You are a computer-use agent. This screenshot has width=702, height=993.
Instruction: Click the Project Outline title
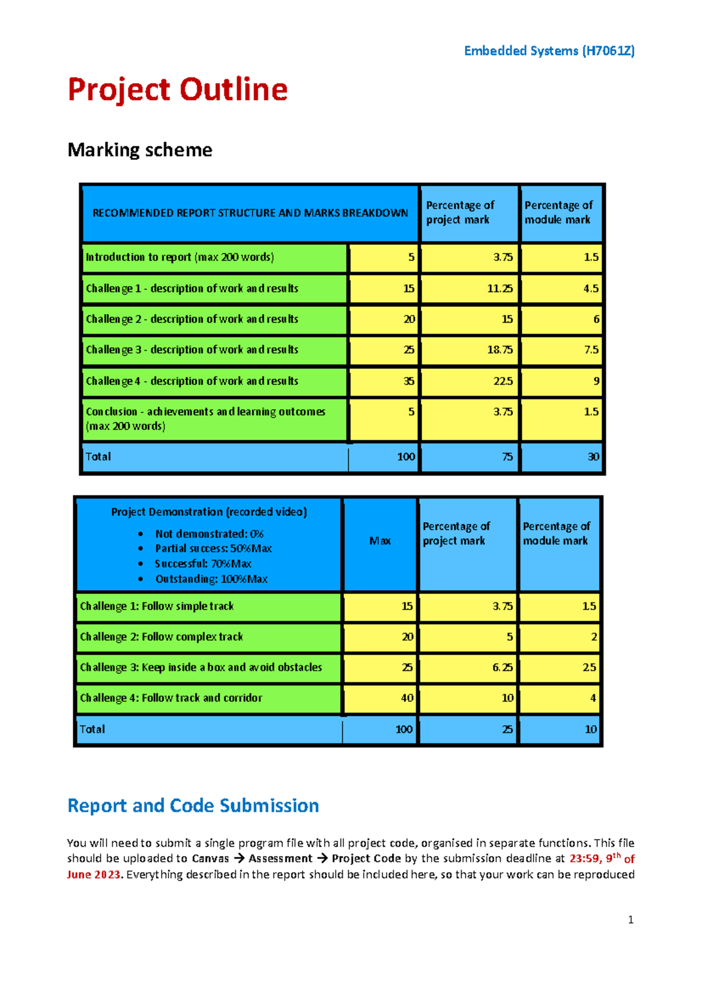(x=177, y=90)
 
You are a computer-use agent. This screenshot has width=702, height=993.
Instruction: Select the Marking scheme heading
(x=140, y=150)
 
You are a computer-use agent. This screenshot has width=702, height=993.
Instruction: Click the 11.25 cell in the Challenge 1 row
(x=500, y=289)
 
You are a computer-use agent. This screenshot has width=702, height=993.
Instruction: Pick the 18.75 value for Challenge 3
(x=500, y=350)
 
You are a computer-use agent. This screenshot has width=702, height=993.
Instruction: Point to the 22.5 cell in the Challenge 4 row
(x=503, y=381)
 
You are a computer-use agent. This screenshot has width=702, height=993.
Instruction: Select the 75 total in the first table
(x=507, y=457)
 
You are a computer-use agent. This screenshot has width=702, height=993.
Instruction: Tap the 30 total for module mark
(x=593, y=457)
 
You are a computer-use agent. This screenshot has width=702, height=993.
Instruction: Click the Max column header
(x=380, y=541)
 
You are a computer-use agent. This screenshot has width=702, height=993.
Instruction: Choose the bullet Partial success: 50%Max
(x=213, y=549)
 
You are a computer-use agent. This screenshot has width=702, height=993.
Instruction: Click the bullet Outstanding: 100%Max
(x=211, y=579)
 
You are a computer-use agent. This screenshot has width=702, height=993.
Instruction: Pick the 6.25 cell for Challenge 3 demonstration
(x=502, y=667)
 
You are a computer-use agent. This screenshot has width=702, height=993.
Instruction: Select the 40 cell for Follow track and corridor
(x=407, y=698)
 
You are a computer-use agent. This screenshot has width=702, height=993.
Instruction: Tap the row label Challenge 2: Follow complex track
(x=161, y=636)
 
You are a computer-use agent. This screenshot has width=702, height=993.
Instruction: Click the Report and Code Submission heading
(x=193, y=806)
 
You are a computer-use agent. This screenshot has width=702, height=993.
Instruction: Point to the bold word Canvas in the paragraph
(x=210, y=858)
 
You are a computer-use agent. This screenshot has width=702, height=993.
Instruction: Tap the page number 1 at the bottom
(x=630, y=920)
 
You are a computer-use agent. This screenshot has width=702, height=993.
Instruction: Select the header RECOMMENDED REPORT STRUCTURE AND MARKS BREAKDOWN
(x=250, y=213)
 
